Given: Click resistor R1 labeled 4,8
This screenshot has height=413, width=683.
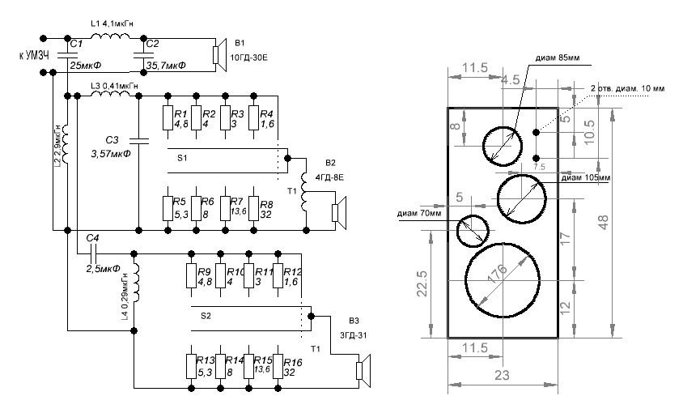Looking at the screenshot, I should click(x=168, y=118).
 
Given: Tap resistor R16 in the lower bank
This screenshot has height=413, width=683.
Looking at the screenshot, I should click(x=278, y=366).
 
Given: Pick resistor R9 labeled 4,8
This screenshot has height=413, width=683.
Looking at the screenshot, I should click(x=192, y=278).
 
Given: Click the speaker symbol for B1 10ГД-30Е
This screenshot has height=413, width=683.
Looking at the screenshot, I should click(x=215, y=53).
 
